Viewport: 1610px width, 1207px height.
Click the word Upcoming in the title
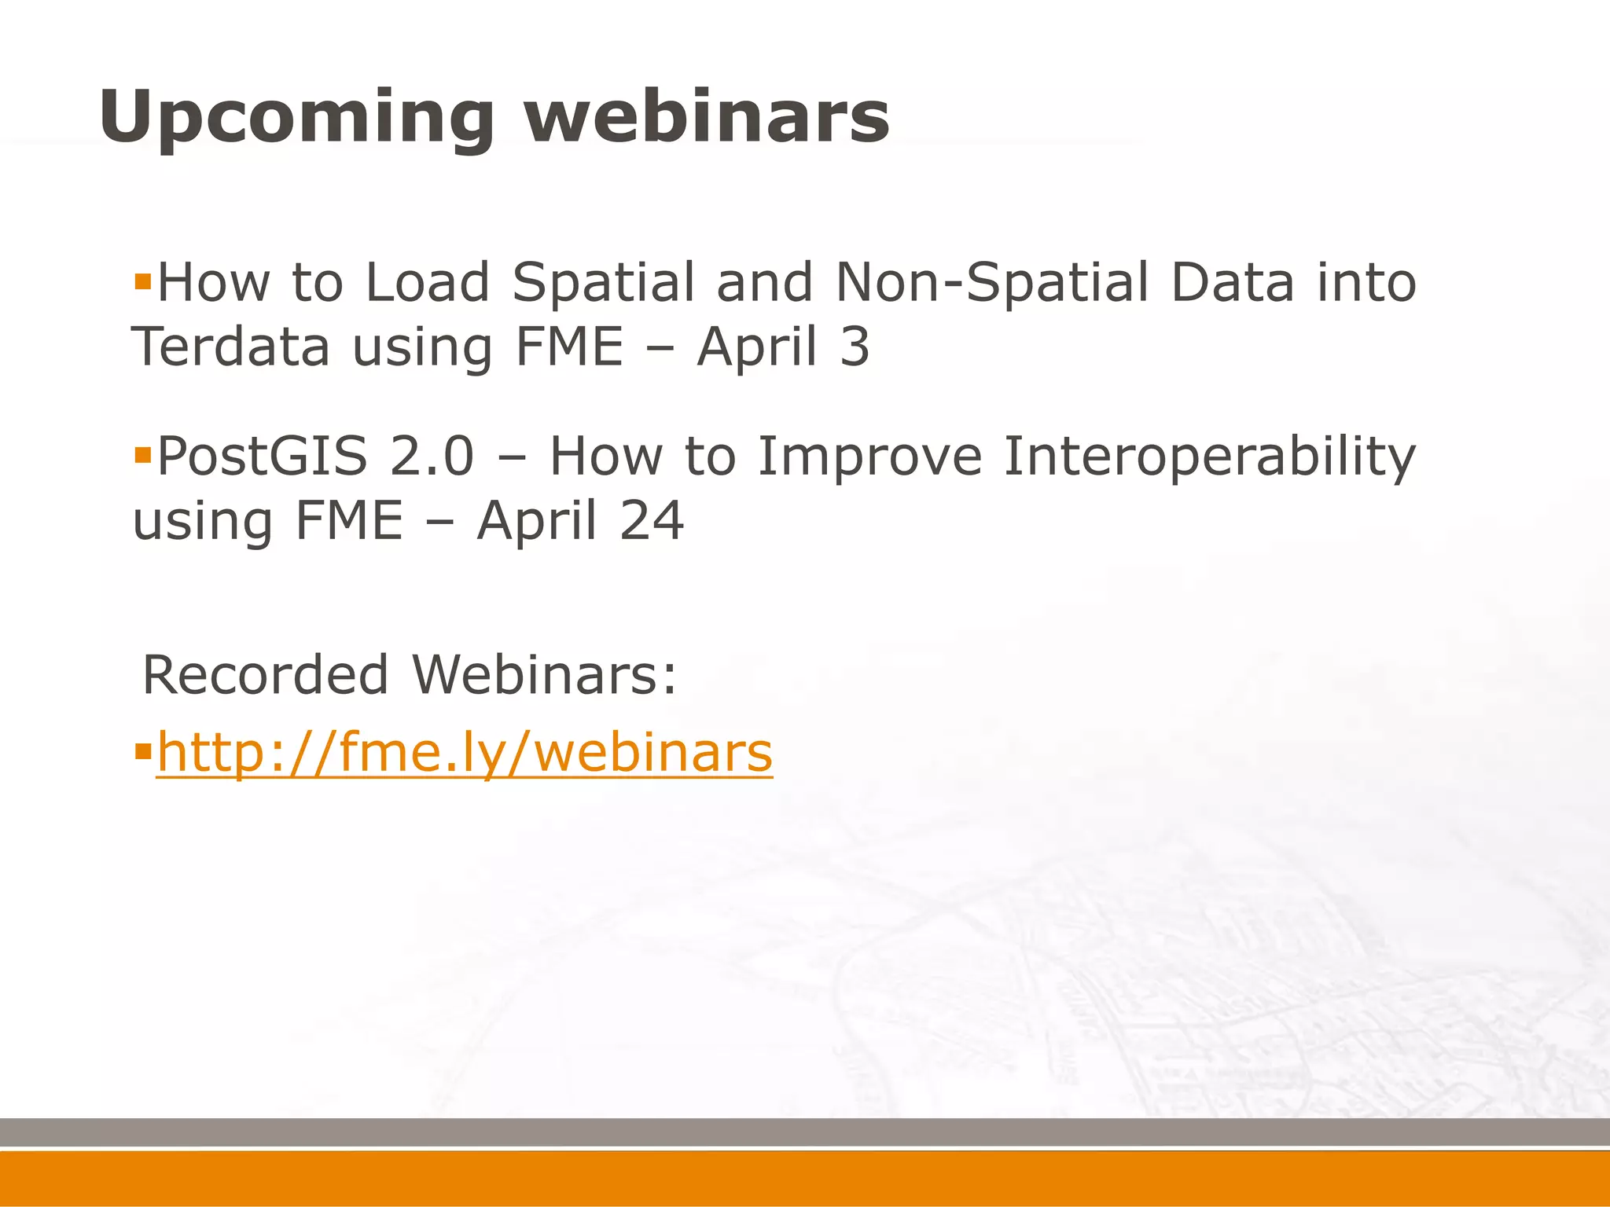tap(296, 118)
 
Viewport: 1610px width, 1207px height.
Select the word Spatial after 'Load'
tap(603, 282)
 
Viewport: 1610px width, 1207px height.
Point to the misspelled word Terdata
tap(230, 347)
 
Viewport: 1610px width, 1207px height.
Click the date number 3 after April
tap(855, 347)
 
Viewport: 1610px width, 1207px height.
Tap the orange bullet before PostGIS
tap(142, 455)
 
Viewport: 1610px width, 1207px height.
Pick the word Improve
tap(869, 457)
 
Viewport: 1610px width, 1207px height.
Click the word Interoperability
tap(1210, 457)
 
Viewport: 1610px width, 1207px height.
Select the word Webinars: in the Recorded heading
tap(544, 675)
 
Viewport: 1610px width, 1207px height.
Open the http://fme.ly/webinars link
tap(465, 753)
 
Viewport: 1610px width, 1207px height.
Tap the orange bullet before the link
tap(142, 753)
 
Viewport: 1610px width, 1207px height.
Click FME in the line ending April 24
tap(348, 521)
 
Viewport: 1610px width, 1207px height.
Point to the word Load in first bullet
tap(428, 282)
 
